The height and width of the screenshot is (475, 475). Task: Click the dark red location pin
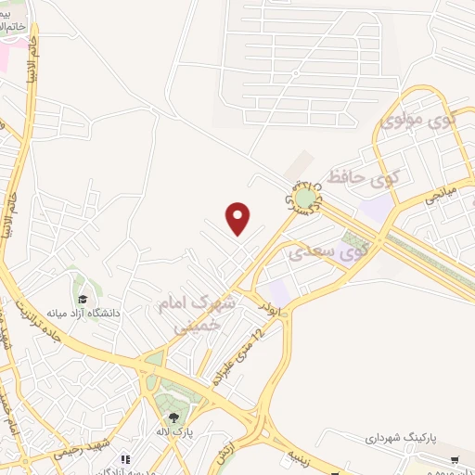click(x=238, y=219)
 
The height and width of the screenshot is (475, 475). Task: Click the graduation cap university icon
click(x=83, y=299)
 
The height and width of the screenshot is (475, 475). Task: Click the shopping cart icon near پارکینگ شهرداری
click(x=454, y=459)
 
